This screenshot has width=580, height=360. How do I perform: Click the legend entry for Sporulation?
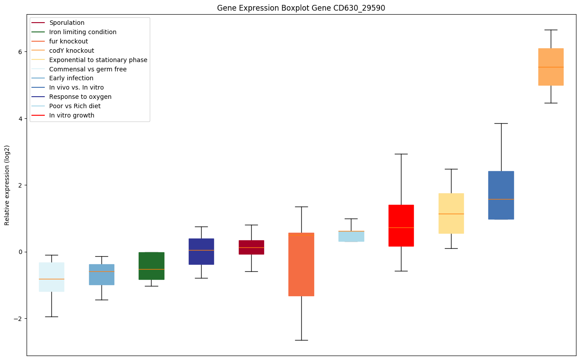coord(67,23)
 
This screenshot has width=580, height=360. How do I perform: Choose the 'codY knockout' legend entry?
coord(72,51)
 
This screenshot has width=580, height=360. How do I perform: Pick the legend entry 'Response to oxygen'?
coord(80,97)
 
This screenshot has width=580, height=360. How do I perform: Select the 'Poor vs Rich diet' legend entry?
coord(75,106)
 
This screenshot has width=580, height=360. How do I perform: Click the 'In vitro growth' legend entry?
coord(72,115)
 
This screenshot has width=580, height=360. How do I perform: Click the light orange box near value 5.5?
coord(551,67)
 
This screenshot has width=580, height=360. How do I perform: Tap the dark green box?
coord(152,266)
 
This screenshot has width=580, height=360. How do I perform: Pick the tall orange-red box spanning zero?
coord(301,264)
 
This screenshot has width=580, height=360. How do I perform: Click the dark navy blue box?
coord(201,251)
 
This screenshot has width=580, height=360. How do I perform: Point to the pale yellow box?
coord(451,213)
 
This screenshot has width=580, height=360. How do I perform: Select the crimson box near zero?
coord(251,247)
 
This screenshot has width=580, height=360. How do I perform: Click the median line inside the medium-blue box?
coord(501,199)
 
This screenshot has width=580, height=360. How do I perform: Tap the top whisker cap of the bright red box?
coord(401,154)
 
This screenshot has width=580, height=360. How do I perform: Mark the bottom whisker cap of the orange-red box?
coord(301,340)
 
